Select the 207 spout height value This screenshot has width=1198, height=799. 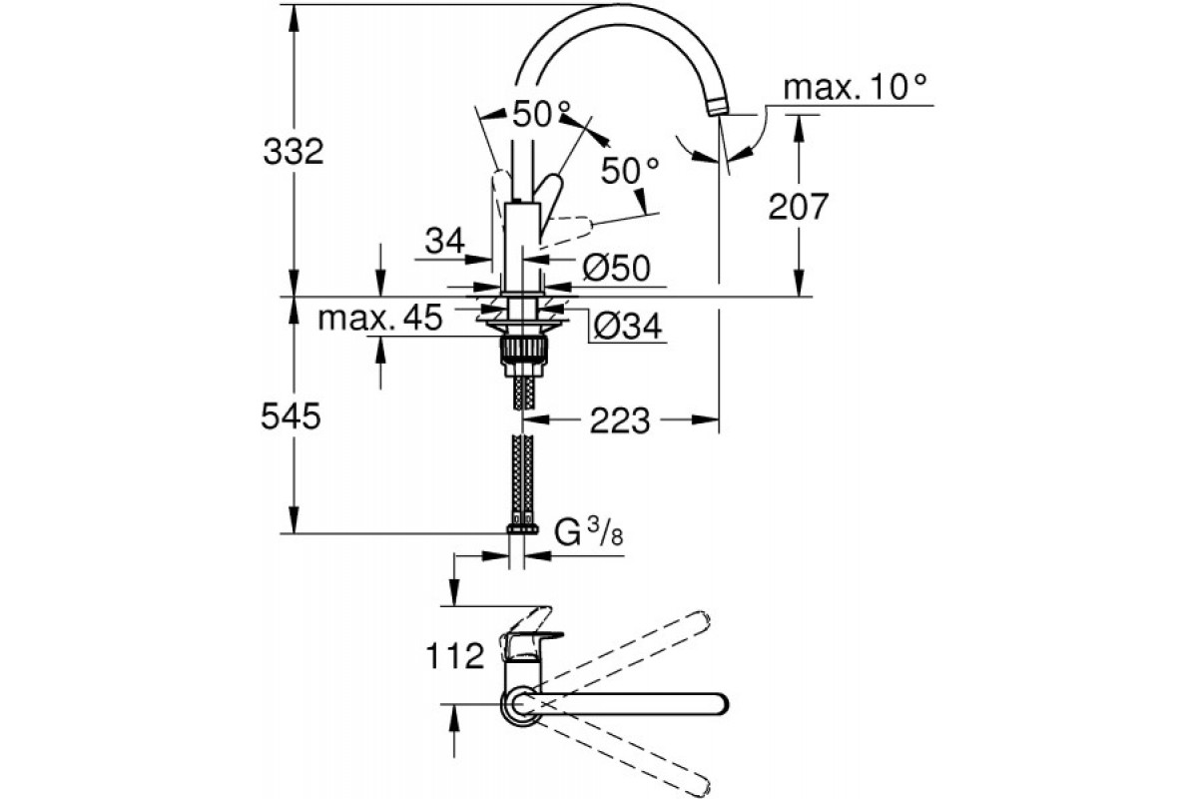click(x=799, y=208)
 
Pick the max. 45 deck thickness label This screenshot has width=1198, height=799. click(x=379, y=319)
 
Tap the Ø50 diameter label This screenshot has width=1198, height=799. click(x=615, y=267)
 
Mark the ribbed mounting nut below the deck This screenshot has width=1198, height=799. click(x=522, y=351)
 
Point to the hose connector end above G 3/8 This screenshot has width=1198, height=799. click(x=521, y=526)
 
